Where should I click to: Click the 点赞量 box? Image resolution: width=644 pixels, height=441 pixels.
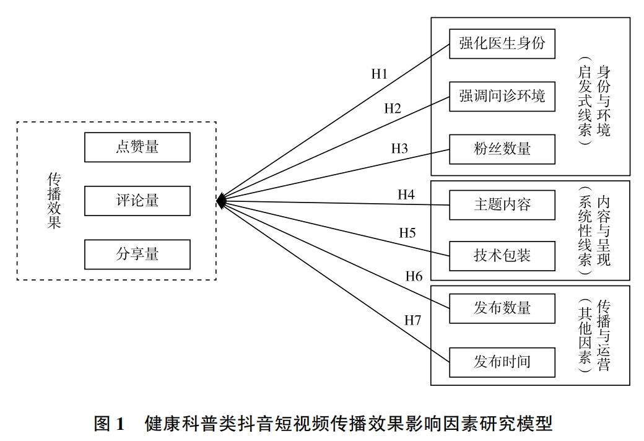click(137, 147)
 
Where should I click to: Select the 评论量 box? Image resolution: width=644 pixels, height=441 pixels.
click(137, 201)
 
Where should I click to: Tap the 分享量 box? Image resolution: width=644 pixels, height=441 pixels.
click(137, 255)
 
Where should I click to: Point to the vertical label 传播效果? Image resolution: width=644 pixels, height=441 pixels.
click(54, 201)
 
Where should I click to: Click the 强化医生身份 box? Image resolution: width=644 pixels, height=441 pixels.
click(502, 44)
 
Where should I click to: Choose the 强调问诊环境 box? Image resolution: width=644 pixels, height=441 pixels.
click(502, 97)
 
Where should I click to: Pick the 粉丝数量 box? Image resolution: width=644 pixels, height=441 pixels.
click(502, 149)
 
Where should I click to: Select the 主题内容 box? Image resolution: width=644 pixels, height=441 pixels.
click(502, 204)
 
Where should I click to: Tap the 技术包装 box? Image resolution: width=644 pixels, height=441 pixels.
click(502, 255)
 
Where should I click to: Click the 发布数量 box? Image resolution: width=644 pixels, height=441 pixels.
click(502, 308)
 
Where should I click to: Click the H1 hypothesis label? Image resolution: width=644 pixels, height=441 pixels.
click(379, 74)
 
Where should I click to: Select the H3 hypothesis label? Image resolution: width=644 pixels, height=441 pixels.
click(399, 149)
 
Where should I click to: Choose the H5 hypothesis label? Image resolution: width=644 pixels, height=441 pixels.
click(407, 234)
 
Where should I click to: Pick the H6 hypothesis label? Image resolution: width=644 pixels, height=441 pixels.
click(414, 276)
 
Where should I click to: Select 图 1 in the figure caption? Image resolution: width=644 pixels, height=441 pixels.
click(109, 424)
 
